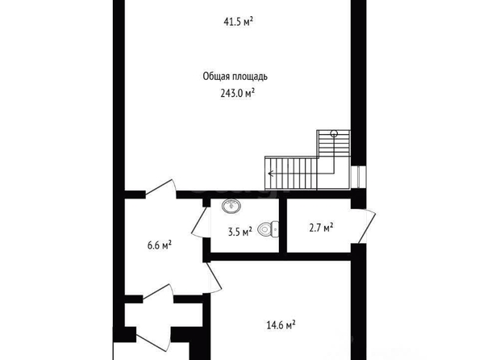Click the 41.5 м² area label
click(238, 22)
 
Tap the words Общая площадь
click(235, 77)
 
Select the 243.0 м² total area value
click(238, 93)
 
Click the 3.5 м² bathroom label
click(240, 232)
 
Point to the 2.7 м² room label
click(321, 228)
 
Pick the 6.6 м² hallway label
click(160, 245)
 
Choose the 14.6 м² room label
click(281, 324)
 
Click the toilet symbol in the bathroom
click(269, 228)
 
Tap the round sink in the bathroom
click(231, 206)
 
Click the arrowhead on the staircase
click(270, 174)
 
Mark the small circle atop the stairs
click(334, 133)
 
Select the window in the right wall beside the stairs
click(359, 177)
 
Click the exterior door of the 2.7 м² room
click(367, 226)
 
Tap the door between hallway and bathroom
click(200, 222)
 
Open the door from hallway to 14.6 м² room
click(214, 277)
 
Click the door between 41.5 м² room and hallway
click(161, 188)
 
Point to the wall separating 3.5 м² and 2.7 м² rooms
click(283, 226)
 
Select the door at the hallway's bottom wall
click(159, 293)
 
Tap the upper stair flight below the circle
click(334, 144)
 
